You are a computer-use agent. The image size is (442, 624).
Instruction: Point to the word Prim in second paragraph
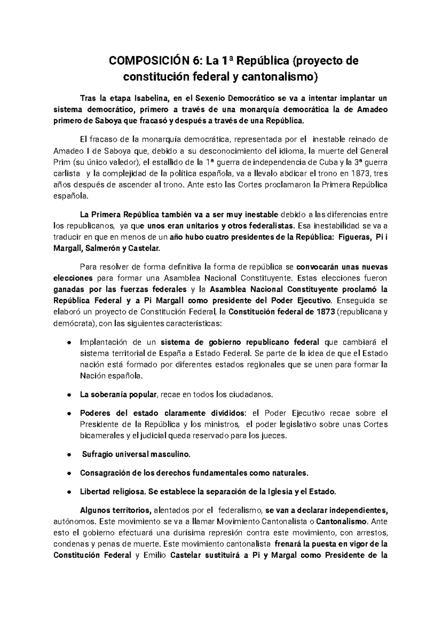(x=61, y=162)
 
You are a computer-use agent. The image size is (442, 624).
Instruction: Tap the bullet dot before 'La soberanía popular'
(x=69, y=395)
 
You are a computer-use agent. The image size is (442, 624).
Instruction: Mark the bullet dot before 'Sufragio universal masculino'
(x=69, y=455)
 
